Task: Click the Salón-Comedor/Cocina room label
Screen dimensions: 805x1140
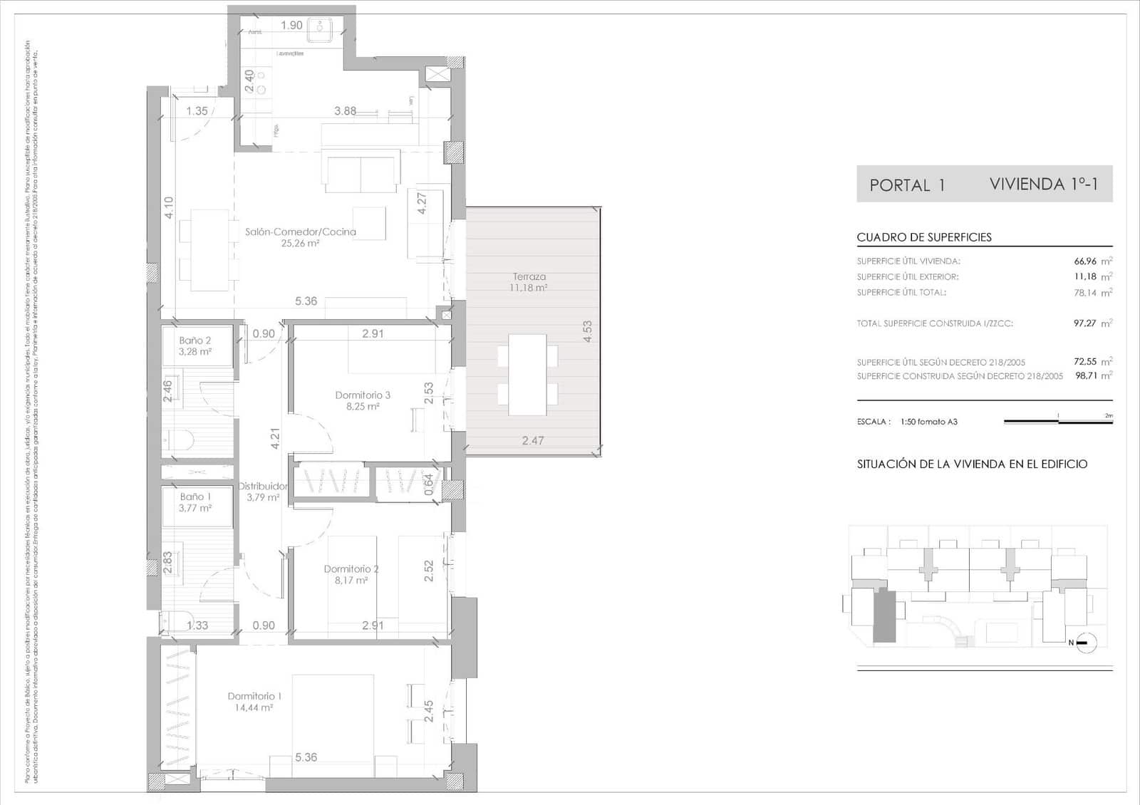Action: (300, 232)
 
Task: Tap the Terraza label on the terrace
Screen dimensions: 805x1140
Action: (529, 276)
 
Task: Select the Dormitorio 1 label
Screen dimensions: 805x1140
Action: (254, 696)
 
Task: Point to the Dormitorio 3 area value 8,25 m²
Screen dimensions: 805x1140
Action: (363, 407)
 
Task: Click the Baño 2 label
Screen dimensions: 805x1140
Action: (195, 341)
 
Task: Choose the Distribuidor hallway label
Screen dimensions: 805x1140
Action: (263, 486)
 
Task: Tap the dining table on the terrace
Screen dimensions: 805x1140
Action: (527, 375)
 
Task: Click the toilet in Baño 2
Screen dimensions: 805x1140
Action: (178, 442)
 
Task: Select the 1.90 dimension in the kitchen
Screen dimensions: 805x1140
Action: (291, 26)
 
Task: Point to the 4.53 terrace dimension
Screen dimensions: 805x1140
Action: (587, 331)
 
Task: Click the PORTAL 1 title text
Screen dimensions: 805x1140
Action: (907, 185)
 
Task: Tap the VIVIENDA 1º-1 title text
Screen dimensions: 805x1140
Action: (1043, 184)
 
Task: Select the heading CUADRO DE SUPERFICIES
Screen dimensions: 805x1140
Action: (924, 237)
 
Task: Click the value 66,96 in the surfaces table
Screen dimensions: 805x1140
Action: (1085, 261)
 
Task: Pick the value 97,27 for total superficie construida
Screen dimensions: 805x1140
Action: (1085, 323)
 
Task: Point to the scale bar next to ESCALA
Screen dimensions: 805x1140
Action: (1058, 422)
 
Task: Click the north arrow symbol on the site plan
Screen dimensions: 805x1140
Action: (1082, 643)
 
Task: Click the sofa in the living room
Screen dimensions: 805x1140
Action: (361, 171)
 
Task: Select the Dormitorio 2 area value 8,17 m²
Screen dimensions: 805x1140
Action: (351, 581)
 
